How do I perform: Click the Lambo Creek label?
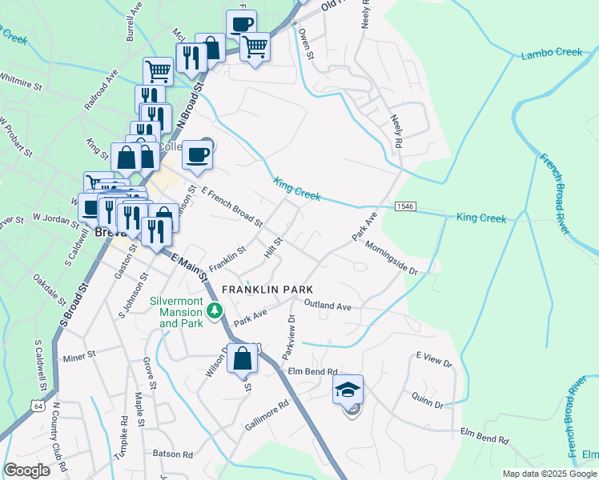(x=552, y=53)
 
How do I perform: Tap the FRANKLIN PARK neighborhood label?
(x=267, y=289)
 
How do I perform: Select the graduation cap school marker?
(x=348, y=390)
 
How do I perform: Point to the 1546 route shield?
(x=404, y=207)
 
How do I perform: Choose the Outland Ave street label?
(x=328, y=306)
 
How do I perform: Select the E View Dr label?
(x=434, y=362)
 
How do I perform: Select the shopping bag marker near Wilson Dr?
(x=243, y=360)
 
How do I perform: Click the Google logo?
(x=27, y=470)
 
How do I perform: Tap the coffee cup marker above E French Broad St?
(x=197, y=154)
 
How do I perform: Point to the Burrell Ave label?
(x=132, y=27)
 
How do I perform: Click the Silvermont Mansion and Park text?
(x=175, y=313)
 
